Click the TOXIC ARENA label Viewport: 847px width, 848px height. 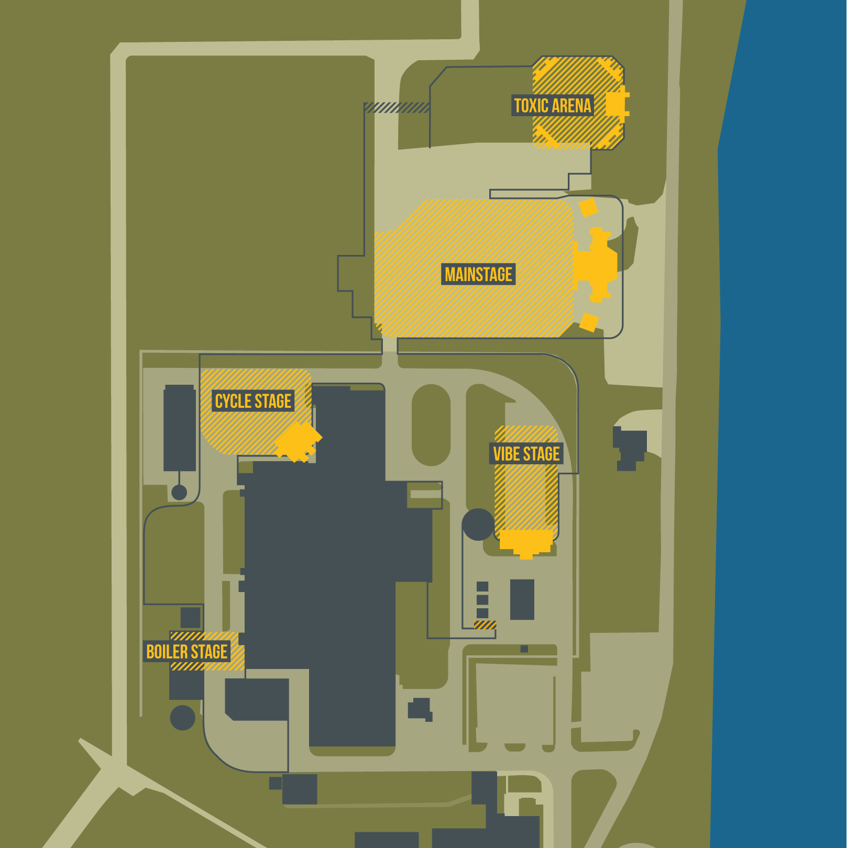click(x=553, y=106)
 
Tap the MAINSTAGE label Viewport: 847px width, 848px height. click(x=478, y=274)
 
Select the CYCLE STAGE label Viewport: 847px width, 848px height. click(x=253, y=401)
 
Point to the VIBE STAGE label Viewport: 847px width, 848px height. click(x=526, y=454)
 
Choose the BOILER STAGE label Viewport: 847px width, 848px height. click(x=186, y=652)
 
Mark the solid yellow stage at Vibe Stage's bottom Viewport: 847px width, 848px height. click(x=526, y=542)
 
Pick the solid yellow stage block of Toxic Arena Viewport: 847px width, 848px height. click(x=617, y=104)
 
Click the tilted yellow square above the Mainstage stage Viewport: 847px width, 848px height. click(x=588, y=207)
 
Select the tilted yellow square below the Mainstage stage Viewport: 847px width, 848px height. click(x=589, y=322)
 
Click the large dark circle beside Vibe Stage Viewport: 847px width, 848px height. click(x=478, y=525)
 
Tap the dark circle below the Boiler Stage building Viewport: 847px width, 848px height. click(x=182, y=718)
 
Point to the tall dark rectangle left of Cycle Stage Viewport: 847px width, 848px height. click(x=180, y=429)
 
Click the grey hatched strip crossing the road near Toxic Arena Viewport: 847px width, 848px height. click(x=397, y=108)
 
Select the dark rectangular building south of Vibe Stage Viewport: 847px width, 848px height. click(x=522, y=599)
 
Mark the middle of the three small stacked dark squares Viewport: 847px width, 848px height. click(x=482, y=600)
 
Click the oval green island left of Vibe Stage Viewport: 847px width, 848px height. click(x=431, y=425)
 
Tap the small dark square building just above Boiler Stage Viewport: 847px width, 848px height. click(x=191, y=618)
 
